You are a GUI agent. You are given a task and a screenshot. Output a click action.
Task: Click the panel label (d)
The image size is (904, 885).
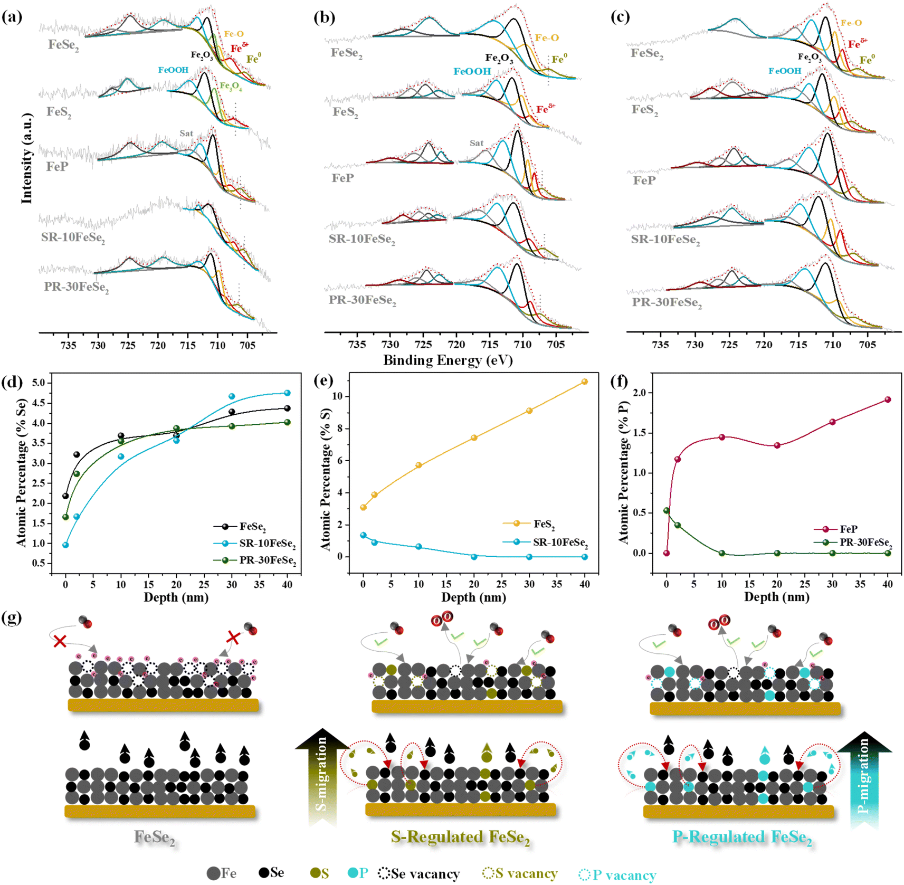[12, 382]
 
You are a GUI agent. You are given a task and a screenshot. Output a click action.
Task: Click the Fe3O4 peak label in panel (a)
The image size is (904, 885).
[231, 86]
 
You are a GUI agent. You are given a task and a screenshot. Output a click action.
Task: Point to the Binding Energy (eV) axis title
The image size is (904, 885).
[448, 360]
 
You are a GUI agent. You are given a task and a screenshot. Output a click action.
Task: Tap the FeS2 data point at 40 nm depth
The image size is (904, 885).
[584, 382]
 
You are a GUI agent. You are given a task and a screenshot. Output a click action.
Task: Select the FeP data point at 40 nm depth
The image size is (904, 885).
[888, 399]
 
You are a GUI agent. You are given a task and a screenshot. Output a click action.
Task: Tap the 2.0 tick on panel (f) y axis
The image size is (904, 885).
[640, 393]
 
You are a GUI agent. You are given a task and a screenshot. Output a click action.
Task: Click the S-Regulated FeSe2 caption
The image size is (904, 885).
[460, 838]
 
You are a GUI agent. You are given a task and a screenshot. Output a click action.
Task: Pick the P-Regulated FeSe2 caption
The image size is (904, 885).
[741, 838]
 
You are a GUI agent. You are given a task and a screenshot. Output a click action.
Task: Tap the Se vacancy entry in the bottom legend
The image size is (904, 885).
[419, 873]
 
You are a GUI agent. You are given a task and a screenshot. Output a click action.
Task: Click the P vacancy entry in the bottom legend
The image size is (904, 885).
[617, 874]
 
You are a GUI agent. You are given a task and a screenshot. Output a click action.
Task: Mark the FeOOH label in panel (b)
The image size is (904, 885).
[472, 71]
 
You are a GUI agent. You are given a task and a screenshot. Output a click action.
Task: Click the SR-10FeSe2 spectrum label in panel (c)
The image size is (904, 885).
[665, 240]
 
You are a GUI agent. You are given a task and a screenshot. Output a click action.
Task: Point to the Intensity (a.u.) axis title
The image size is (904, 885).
[26, 158]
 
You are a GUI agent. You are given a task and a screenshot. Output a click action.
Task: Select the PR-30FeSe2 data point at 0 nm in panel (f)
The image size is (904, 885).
[667, 510]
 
